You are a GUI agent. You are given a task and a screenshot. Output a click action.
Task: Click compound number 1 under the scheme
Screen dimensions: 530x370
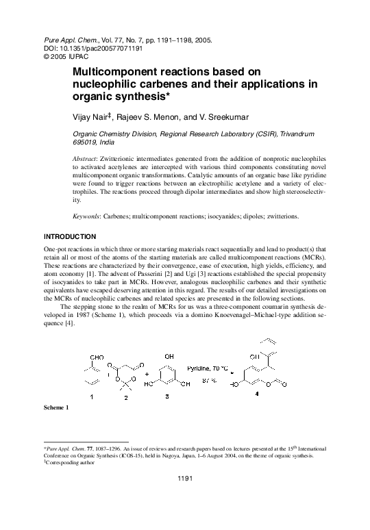(x=93, y=397)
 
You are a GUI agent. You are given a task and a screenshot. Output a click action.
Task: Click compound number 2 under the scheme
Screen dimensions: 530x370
(x=125, y=398)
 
